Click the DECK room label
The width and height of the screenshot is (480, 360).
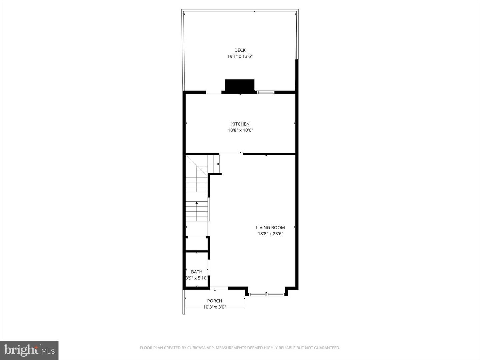click(240, 50)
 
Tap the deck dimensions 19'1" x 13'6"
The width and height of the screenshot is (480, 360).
click(240, 57)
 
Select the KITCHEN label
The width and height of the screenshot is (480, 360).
click(240, 124)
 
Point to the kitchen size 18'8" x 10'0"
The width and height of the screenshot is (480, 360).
click(240, 130)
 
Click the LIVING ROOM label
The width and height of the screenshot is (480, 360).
click(270, 228)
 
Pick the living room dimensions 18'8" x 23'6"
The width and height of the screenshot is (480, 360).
click(270, 234)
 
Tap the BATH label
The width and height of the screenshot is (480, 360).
click(197, 272)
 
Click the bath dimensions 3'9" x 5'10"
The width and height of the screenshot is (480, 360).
click(197, 278)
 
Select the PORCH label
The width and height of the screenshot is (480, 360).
click(215, 301)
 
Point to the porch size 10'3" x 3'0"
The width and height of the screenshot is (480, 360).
click(215, 307)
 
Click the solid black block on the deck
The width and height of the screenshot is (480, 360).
click(240, 85)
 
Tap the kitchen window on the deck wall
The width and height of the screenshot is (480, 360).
click(265, 92)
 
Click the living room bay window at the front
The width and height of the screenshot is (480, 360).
click(267, 294)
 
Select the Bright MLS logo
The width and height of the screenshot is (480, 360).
click(29, 350)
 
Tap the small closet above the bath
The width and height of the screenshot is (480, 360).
click(197, 244)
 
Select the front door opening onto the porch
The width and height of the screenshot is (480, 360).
click(219, 288)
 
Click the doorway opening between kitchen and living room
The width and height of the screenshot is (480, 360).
click(231, 153)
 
